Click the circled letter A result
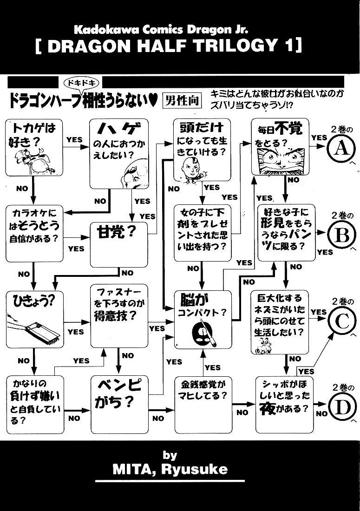pyautogui.click(x=341, y=149)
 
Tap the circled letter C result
pyautogui.click(x=342, y=321)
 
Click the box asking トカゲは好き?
pyautogui.click(x=34, y=148)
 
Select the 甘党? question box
pyautogui.click(x=118, y=245)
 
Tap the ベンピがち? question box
pyautogui.click(x=119, y=405)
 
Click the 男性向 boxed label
pyautogui.click(x=182, y=101)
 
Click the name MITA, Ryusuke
pyautogui.click(x=170, y=470)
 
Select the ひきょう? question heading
pyautogui.click(x=33, y=301)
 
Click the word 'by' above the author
pyautogui.click(x=170, y=455)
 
